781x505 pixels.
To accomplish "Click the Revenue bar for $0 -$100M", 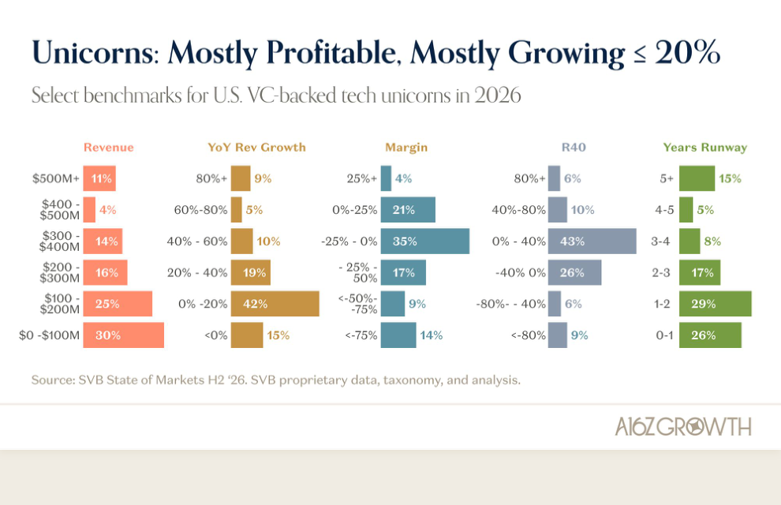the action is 124,335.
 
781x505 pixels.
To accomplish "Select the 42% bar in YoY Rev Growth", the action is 275,304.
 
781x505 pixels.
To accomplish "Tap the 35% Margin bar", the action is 425,241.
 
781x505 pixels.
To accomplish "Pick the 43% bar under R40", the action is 592,241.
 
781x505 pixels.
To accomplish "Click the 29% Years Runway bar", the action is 716,304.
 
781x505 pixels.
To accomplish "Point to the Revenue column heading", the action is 109,148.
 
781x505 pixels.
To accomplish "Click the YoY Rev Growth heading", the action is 256,148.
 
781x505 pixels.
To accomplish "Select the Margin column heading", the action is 406,148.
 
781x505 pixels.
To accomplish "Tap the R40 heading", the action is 574,148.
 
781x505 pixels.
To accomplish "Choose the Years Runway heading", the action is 704,148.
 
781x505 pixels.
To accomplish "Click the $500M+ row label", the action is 56,178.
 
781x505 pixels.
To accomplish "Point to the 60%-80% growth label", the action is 200,210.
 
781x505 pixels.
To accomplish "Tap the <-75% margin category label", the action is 361,335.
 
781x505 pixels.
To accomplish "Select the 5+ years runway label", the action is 667,178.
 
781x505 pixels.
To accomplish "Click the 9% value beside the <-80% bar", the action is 579,335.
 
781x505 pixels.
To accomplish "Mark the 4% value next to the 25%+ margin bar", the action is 403,178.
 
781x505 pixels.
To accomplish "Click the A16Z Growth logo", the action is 683,426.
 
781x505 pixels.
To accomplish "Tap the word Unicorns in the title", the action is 95,52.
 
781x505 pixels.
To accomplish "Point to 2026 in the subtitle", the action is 497,95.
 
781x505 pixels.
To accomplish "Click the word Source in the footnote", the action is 52,380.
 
